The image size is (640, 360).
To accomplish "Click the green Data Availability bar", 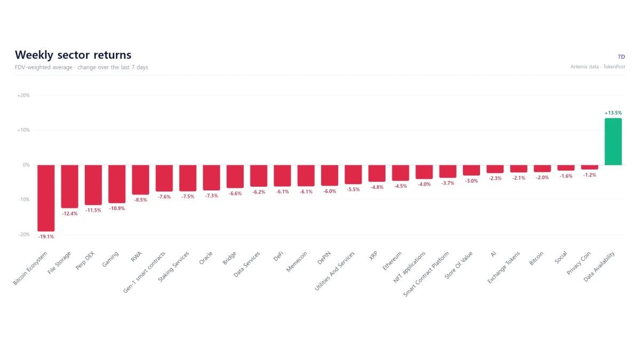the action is [613, 141].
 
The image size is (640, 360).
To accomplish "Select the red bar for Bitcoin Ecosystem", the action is [46, 198].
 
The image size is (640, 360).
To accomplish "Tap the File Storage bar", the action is [70, 186].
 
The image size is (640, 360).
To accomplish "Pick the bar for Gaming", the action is [117, 183].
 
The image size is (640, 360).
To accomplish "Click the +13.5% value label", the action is [613, 113].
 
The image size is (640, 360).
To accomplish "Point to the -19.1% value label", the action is [46, 237].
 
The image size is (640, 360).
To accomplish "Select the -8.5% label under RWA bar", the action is [141, 199].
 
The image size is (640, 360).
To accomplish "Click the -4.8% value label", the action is [377, 187].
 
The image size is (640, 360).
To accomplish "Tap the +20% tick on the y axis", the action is [23, 95].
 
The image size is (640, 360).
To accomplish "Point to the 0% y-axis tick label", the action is [26, 165].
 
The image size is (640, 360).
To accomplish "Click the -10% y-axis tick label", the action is [24, 199].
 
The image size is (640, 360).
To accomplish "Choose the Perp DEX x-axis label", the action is [85, 261].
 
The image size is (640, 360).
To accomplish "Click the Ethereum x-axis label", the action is [392, 261].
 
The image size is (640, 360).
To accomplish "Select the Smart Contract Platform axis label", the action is [426, 274].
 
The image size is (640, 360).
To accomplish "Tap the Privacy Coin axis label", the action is [579, 263].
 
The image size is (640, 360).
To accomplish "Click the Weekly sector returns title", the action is [73, 55].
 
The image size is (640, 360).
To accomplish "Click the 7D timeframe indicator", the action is [621, 57].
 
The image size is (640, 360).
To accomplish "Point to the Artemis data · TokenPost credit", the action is [598, 67].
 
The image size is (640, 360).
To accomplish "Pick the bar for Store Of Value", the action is [471, 170].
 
